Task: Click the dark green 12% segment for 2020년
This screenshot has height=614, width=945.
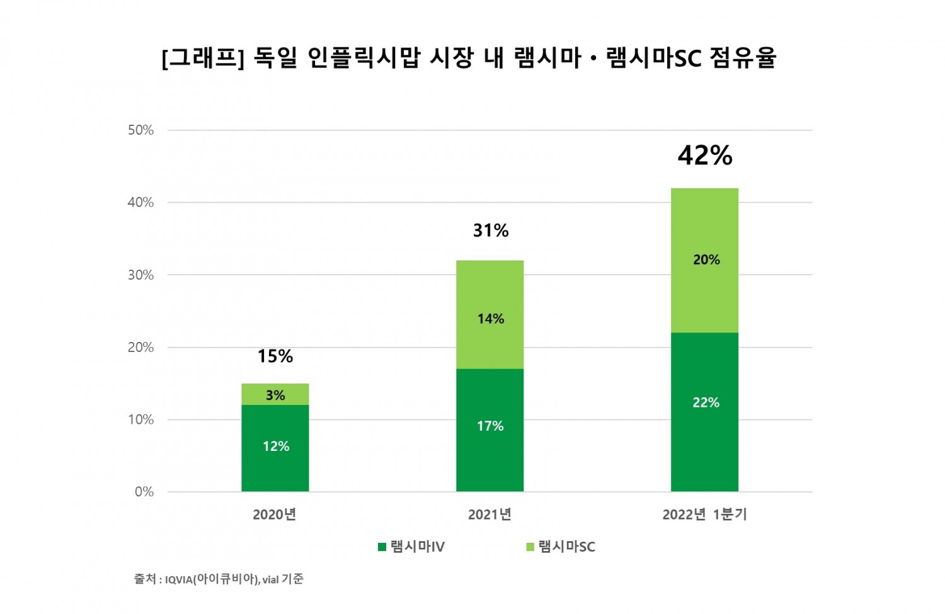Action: tap(275, 448)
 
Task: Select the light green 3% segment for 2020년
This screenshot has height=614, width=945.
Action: tap(275, 394)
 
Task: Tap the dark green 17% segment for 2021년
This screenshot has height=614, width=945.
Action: tap(490, 429)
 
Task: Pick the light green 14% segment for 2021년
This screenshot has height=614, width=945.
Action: tap(490, 315)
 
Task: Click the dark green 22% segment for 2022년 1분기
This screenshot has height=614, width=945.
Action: tap(704, 412)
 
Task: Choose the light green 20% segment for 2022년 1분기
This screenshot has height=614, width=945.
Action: tap(704, 260)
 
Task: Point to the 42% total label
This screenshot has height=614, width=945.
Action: tap(705, 156)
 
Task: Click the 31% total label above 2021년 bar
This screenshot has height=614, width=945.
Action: tap(491, 230)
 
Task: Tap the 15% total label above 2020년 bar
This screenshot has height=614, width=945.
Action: tap(275, 356)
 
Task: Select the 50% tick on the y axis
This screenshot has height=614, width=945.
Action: tap(140, 130)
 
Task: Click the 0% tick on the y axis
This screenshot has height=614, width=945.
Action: tap(144, 492)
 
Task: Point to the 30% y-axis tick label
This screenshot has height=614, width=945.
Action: tap(140, 275)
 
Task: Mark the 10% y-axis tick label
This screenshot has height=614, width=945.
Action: tap(140, 419)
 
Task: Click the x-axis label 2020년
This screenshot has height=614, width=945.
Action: tap(275, 515)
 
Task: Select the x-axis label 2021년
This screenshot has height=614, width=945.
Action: tap(490, 515)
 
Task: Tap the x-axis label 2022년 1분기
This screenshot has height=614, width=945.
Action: tap(704, 515)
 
